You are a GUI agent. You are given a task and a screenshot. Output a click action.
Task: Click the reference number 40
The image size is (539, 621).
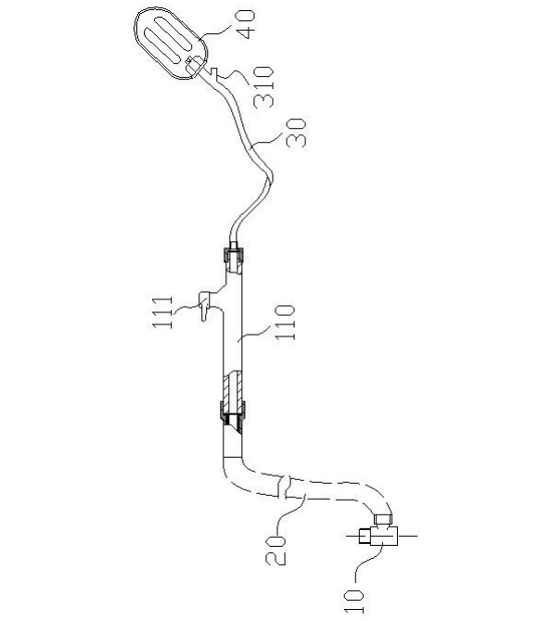tap(245, 24)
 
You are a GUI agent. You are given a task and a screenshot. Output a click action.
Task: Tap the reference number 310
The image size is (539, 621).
tap(264, 87)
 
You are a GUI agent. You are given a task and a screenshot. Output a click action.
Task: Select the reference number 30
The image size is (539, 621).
tap(297, 133)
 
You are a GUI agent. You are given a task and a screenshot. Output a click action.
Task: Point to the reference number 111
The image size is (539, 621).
tap(162, 312)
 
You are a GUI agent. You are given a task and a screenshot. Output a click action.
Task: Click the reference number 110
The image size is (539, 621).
tap(285, 322)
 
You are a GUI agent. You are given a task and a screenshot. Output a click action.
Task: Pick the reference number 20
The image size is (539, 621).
tap(276, 550)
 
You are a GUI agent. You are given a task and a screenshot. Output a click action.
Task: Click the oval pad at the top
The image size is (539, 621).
tap(171, 44)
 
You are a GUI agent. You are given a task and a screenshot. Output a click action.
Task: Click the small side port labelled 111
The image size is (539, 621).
tap(204, 305)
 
